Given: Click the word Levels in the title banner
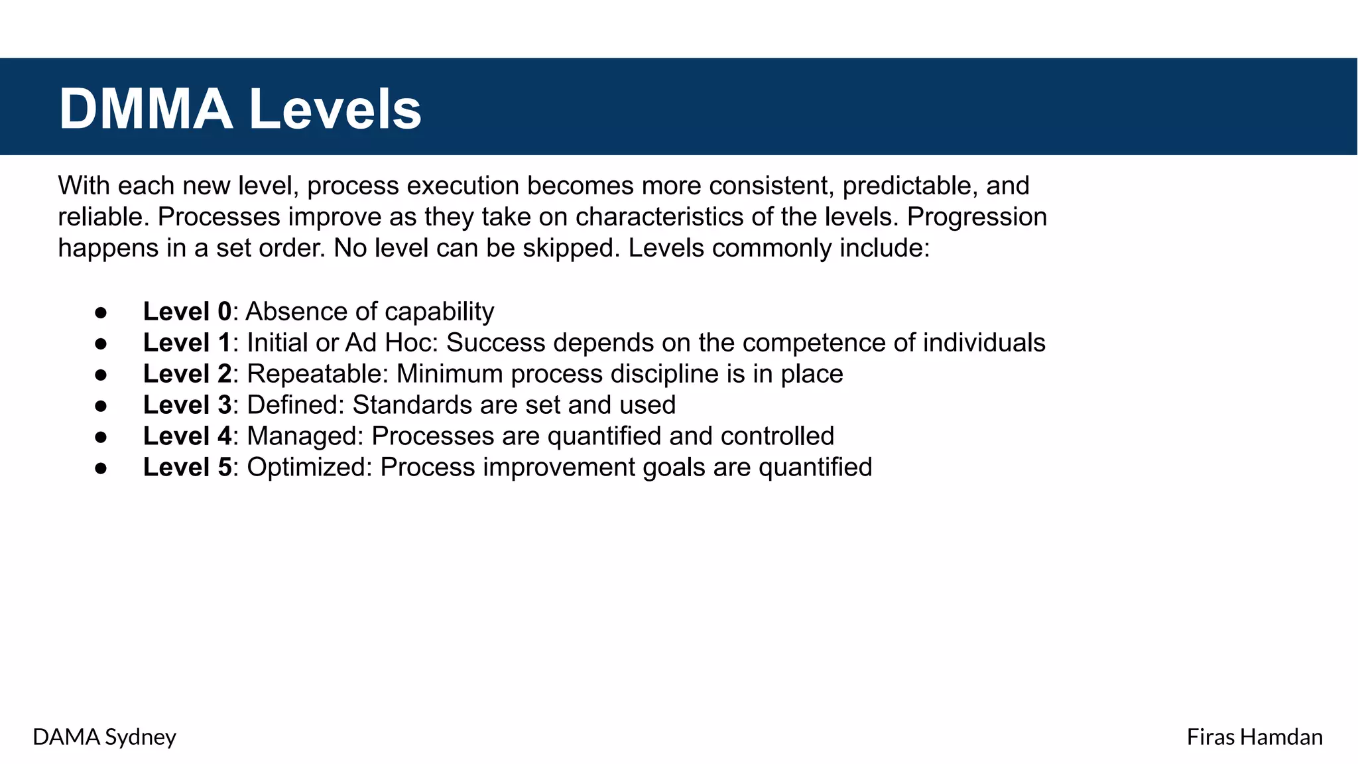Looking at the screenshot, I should click(x=335, y=109).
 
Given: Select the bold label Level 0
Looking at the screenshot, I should click(x=187, y=312).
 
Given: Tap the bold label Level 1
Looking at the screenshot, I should click(x=187, y=343).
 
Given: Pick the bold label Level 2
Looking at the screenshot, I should click(x=187, y=374).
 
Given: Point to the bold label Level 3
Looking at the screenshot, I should click(x=187, y=405).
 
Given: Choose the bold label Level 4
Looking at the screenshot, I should click(x=187, y=436).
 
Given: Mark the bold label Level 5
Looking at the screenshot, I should click(x=187, y=468).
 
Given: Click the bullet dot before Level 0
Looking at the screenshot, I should click(x=101, y=312).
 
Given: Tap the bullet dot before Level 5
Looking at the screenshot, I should click(x=101, y=468).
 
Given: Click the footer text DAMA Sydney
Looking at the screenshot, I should click(x=104, y=737).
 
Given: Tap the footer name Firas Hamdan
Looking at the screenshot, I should click(x=1254, y=737).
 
